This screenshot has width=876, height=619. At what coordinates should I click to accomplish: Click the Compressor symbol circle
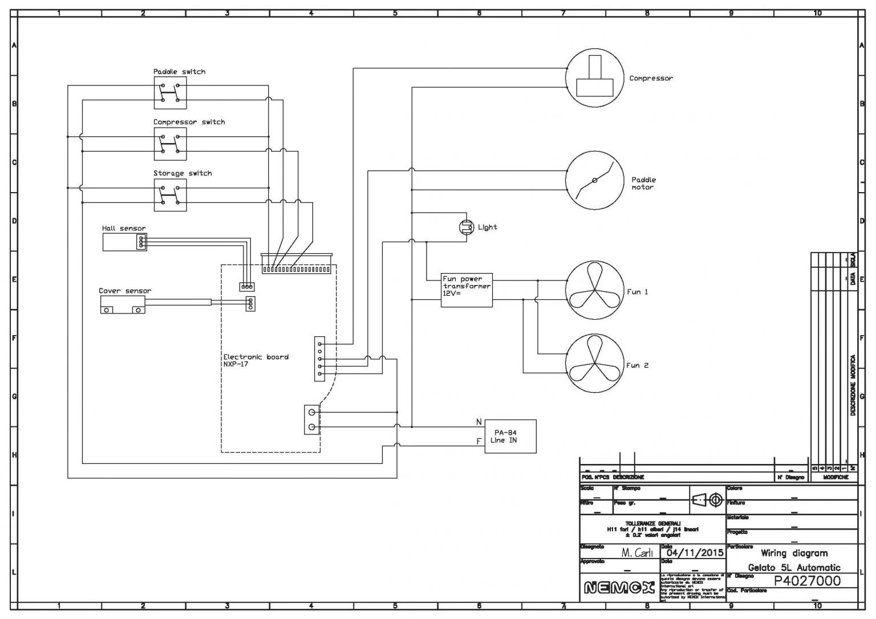(x=594, y=78)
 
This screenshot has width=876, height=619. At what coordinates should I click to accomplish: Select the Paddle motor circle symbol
(x=594, y=180)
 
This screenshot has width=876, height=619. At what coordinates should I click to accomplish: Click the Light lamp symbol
(x=467, y=227)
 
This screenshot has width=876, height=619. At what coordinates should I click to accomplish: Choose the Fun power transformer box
(x=467, y=291)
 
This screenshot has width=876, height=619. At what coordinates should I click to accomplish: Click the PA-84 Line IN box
(x=510, y=437)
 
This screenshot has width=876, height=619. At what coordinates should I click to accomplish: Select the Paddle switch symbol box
(x=170, y=93)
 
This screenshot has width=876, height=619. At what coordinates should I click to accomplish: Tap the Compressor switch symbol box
(x=170, y=144)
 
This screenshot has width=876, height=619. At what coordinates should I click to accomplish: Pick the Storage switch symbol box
(x=170, y=195)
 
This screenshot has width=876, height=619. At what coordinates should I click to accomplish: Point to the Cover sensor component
(x=122, y=306)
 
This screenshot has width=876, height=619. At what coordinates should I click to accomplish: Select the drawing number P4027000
(x=806, y=580)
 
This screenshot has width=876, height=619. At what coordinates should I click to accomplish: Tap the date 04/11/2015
(x=695, y=552)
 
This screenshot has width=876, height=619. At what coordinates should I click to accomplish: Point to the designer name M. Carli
(x=637, y=552)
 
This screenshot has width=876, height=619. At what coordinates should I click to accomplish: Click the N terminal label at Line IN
(x=479, y=422)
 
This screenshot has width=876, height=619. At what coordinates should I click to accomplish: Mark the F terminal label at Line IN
(x=479, y=441)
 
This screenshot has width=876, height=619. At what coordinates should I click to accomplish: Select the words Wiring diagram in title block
(x=794, y=553)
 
